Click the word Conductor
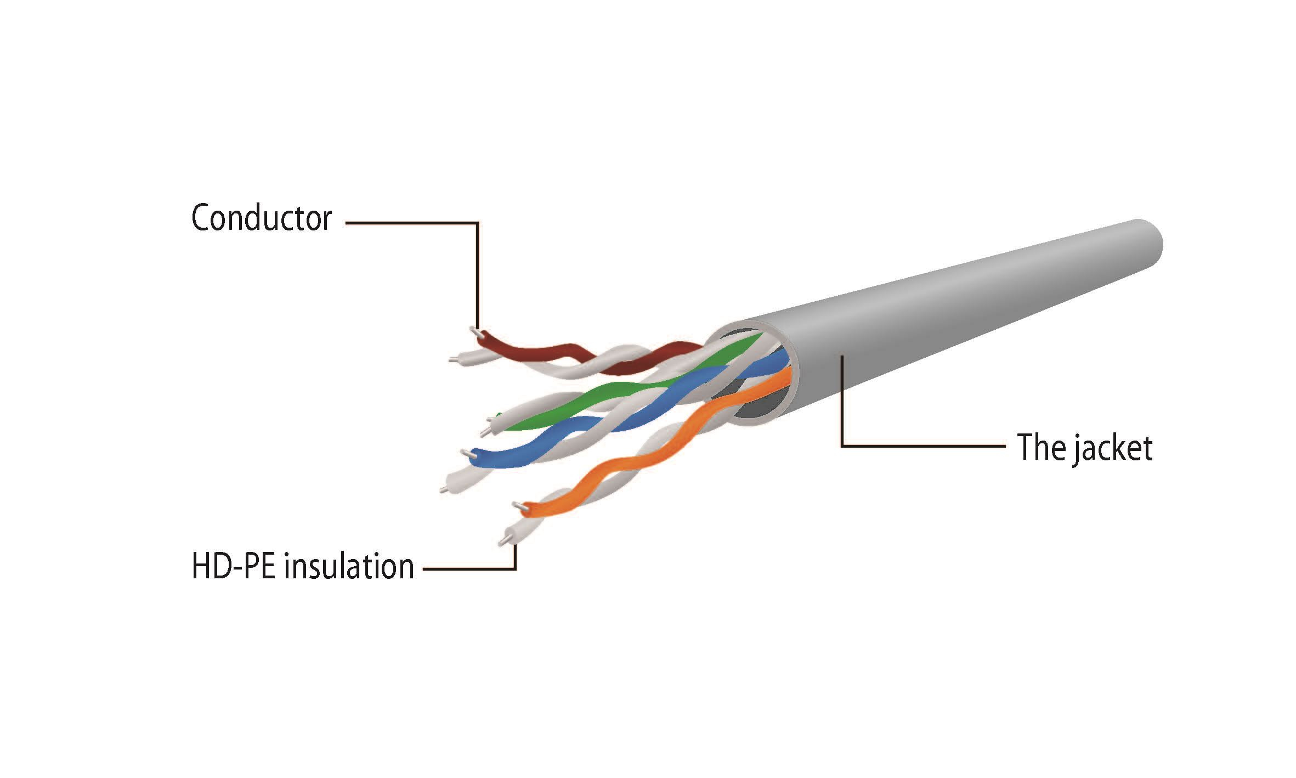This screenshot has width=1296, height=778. coord(262,218)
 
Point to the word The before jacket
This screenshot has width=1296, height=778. coord(1040,448)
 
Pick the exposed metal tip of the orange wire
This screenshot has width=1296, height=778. coord(518,506)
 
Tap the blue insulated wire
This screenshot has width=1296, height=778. coord(631,417)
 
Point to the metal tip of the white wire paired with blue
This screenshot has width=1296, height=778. coord(443,488)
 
